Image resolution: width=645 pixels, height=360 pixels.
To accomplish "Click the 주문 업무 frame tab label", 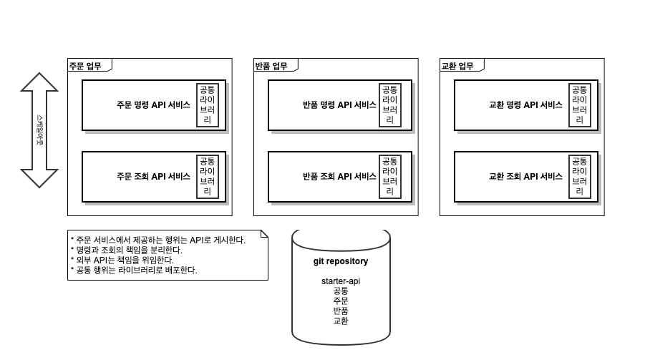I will tap(85, 67).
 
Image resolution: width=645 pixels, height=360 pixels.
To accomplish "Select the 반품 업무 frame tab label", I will tap(271, 67).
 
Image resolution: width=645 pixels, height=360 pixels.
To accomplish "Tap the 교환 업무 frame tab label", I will tap(457, 67).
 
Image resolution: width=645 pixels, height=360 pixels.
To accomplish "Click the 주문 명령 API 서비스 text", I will tap(153, 104).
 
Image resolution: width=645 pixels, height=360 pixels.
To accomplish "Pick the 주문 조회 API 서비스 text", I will tap(153, 176).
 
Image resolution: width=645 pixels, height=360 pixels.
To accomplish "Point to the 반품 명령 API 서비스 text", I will tap(339, 104).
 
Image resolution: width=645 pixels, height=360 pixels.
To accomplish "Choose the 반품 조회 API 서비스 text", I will tap(339, 176).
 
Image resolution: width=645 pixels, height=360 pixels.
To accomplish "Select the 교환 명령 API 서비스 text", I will tap(525, 104).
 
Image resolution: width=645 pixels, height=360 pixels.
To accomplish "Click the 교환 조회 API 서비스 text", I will tap(525, 176).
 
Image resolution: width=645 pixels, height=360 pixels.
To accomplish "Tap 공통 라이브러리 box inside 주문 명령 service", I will tap(208, 104).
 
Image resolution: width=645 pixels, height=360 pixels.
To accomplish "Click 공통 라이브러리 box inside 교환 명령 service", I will tap(579, 104).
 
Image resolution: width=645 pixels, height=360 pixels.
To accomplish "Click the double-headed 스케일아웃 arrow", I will tap(39, 130).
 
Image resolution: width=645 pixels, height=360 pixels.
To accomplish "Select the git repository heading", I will tap(341, 261).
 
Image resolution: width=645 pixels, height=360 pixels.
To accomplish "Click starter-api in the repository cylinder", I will tap(341, 281).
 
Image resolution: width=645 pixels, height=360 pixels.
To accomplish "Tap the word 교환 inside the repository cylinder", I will tap(341, 321).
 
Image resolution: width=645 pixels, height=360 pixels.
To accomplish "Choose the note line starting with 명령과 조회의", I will tap(126, 250).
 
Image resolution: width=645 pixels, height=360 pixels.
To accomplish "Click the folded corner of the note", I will tap(264, 233).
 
